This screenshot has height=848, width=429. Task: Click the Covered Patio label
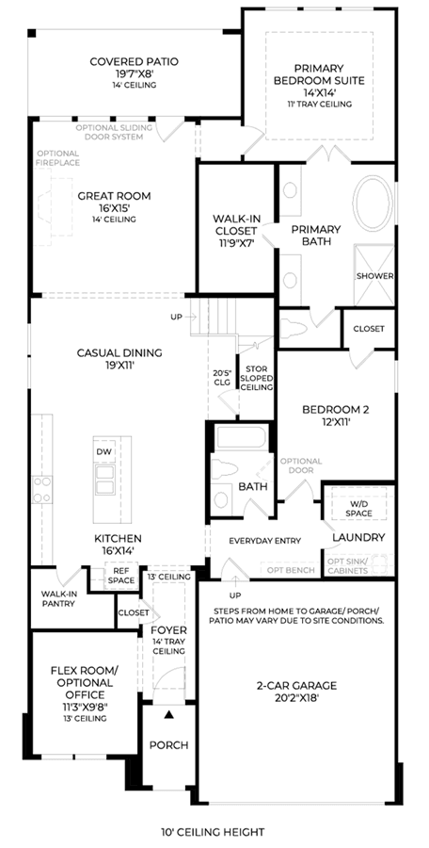(x=134, y=61)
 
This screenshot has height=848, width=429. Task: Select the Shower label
(x=375, y=276)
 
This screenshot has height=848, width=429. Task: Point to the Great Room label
(x=114, y=196)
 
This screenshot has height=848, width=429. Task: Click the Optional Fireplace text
(x=57, y=158)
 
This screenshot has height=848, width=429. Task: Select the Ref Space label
(x=121, y=576)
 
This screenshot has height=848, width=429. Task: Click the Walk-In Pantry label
(x=58, y=598)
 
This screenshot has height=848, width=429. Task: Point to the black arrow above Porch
(x=169, y=715)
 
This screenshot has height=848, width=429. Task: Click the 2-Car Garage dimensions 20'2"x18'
(x=296, y=697)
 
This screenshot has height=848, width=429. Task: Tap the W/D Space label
(x=358, y=509)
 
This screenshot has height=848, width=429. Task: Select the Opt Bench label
(x=292, y=570)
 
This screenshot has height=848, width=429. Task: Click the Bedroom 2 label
(x=336, y=410)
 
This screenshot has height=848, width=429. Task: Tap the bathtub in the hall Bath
(x=242, y=437)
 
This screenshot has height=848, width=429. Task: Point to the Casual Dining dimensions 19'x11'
(x=119, y=365)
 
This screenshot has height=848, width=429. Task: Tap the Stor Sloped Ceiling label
(x=257, y=379)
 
